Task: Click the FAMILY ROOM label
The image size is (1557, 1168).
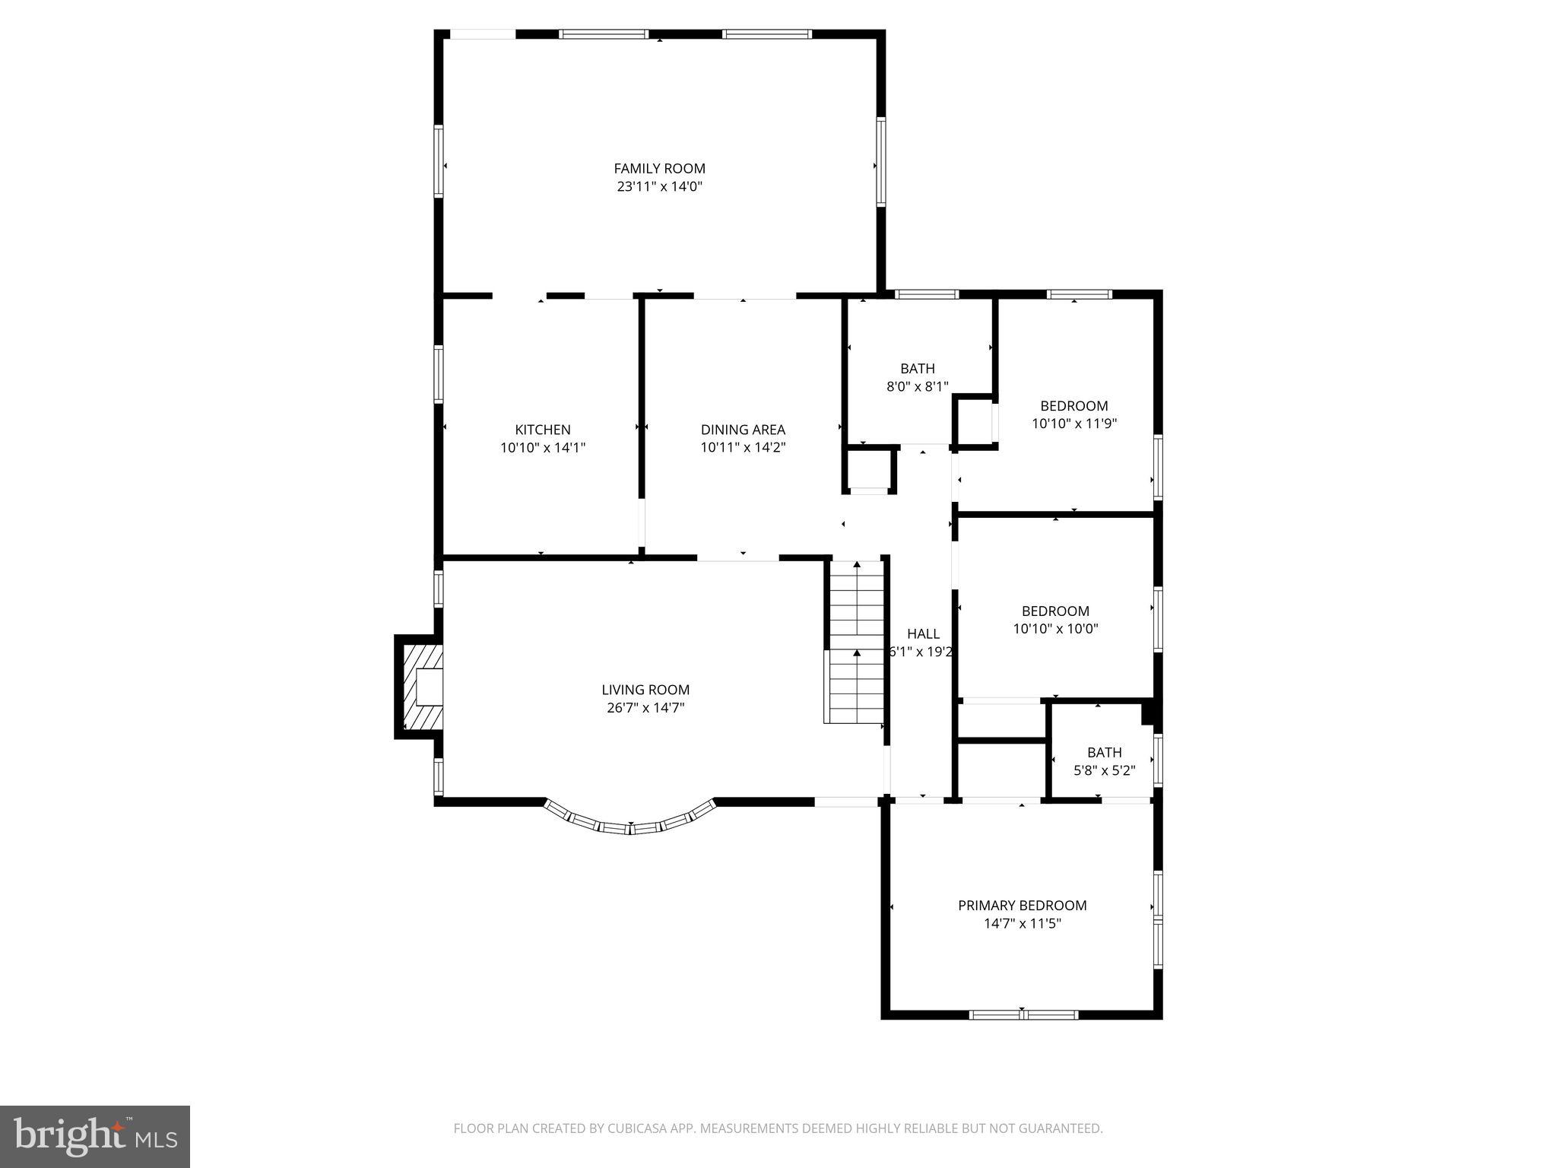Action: (659, 168)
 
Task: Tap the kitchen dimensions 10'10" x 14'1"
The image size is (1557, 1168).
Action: (543, 448)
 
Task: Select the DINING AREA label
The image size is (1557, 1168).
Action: (743, 430)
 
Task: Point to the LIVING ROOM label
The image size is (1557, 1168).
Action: (645, 690)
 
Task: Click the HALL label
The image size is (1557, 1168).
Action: (923, 633)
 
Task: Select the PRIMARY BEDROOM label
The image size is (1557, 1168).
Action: (1022, 905)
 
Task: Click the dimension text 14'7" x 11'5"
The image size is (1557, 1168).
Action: (1022, 924)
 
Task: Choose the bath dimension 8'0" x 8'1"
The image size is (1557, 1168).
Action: (918, 386)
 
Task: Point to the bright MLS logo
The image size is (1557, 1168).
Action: (95, 1137)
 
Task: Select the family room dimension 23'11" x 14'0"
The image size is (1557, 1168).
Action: (659, 186)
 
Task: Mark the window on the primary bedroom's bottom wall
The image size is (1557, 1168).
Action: (1023, 1014)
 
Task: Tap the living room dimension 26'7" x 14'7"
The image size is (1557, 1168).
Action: (645, 708)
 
